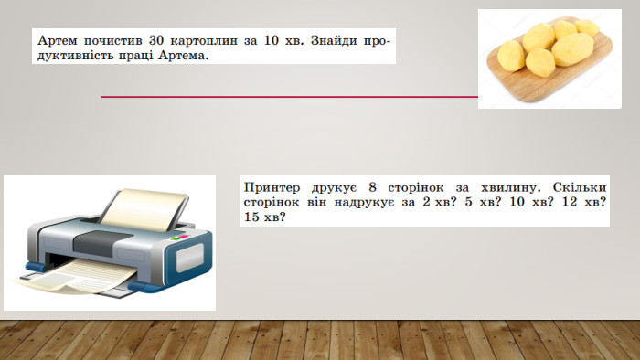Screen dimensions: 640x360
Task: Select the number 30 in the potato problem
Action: coord(156,41)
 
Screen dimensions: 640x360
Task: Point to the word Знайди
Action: coord(333,41)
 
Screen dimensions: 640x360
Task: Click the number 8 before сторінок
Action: coord(372,187)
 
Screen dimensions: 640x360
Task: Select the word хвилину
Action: coord(510,188)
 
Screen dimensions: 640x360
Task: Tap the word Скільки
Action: coord(580,187)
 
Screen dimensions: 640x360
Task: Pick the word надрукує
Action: coord(365,203)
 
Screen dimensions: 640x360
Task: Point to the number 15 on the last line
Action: coord(251,217)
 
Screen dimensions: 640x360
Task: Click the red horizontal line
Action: coord(290,97)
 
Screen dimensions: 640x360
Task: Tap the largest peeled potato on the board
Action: coord(572,49)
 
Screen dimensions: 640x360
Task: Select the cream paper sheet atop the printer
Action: coord(144,208)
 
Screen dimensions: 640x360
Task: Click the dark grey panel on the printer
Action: coord(98,243)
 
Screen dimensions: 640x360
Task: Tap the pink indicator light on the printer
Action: coord(183,237)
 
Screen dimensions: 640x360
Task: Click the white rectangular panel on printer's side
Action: coord(189,258)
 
